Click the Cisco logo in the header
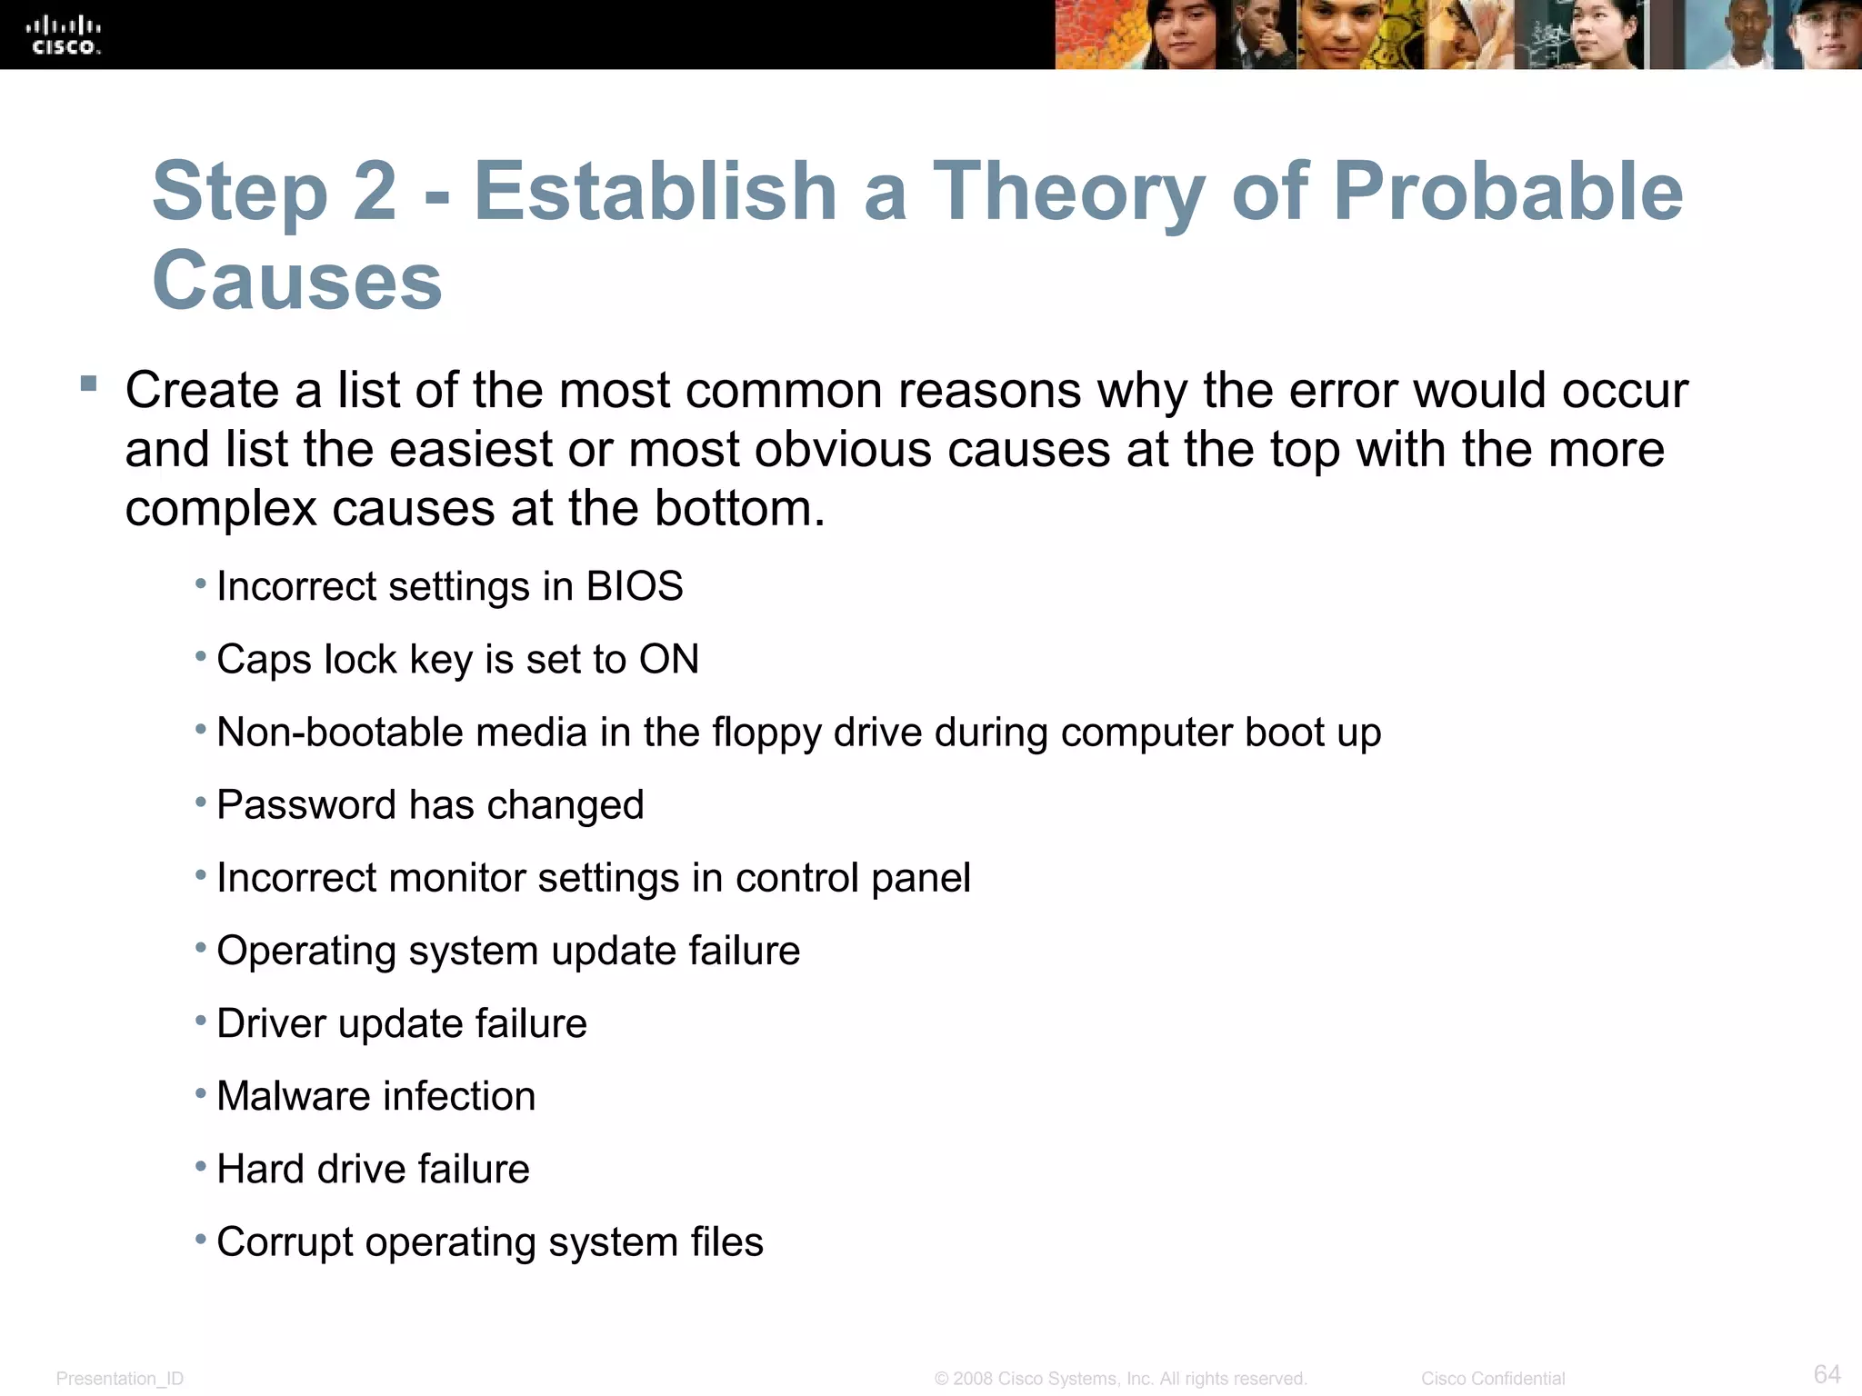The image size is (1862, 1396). click(64, 35)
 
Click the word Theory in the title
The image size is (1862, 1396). click(1068, 192)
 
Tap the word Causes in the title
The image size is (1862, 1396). click(297, 280)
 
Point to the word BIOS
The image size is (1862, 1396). click(635, 586)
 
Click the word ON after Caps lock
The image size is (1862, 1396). click(669, 659)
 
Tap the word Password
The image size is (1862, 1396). click(305, 805)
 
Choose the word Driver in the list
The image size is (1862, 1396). click(271, 1023)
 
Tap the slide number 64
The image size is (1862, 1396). click(1827, 1373)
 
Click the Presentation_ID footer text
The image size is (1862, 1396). click(120, 1379)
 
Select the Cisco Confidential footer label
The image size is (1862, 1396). click(1493, 1379)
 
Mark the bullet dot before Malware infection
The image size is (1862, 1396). click(201, 1093)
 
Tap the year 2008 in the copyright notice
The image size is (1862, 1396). click(972, 1379)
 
